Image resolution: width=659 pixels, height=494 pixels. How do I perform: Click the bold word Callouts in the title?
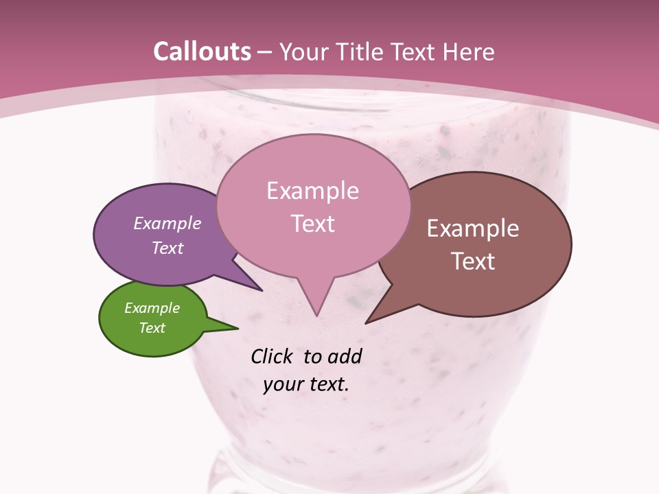[x=202, y=51]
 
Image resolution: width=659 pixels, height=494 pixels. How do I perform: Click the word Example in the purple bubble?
[x=167, y=223]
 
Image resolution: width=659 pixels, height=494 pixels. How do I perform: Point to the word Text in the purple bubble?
[x=167, y=248]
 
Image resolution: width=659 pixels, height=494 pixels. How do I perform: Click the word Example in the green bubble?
[x=152, y=308]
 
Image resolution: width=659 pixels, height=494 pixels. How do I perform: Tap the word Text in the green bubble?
[x=152, y=328]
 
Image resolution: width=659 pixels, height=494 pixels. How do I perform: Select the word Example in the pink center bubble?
[x=312, y=191]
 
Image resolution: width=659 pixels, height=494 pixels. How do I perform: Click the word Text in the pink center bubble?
[x=312, y=224]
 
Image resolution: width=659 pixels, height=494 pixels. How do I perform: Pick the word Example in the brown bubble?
[x=473, y=228]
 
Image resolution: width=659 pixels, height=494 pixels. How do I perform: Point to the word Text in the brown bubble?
[x=473, y=261]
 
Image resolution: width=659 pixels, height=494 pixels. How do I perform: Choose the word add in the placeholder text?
[x=344, y=356]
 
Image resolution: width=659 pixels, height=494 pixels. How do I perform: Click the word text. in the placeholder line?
[x=327, y=384]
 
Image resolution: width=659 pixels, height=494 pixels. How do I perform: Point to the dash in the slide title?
[x=266, y=52]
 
